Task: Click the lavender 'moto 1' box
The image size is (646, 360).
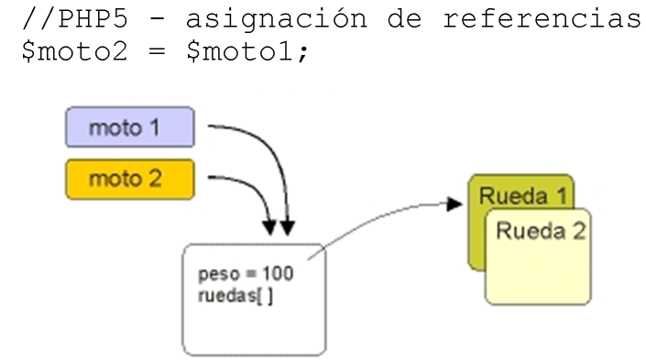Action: [129, 128]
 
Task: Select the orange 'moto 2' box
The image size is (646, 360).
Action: [129, 179]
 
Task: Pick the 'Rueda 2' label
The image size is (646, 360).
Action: [540, 230]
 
